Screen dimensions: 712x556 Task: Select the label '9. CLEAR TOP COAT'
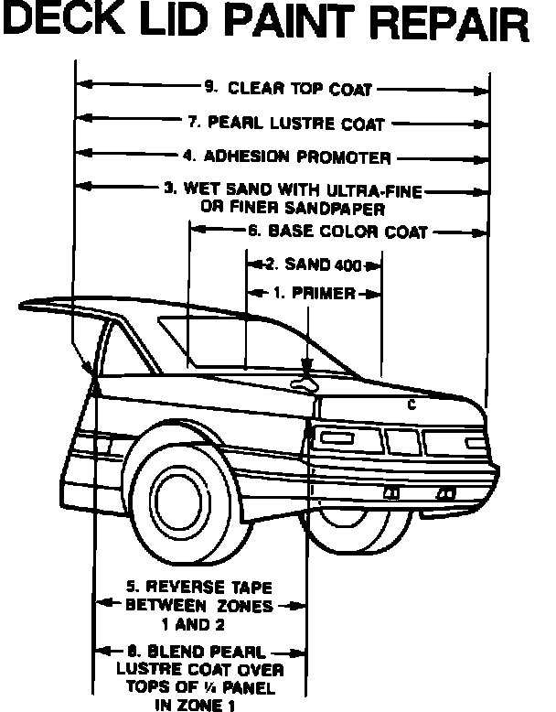[289, 89]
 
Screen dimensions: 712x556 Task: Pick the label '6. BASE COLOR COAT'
[336, 232]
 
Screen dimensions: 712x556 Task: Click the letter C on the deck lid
[412, 405]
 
